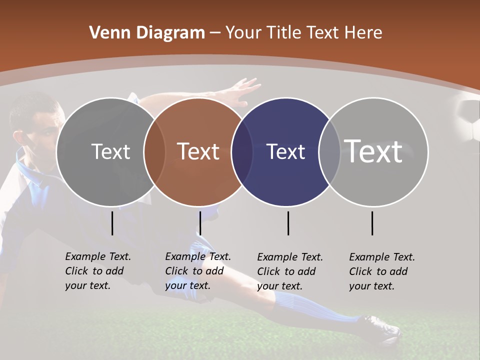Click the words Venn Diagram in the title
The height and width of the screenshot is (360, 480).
[x=147, y=33]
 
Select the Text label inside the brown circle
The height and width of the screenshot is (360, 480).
[x=198, y=151]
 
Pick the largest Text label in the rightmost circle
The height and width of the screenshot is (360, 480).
[x=373, y=151]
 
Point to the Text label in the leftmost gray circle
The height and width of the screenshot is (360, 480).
[x=110, y=151]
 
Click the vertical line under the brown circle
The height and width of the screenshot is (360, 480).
[x=200, y=223]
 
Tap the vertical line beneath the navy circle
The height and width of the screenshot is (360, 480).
[x=288, y=223]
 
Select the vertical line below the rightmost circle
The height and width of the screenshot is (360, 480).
[x=372, y=223]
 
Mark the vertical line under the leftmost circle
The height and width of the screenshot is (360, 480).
[x=112, y=223]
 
